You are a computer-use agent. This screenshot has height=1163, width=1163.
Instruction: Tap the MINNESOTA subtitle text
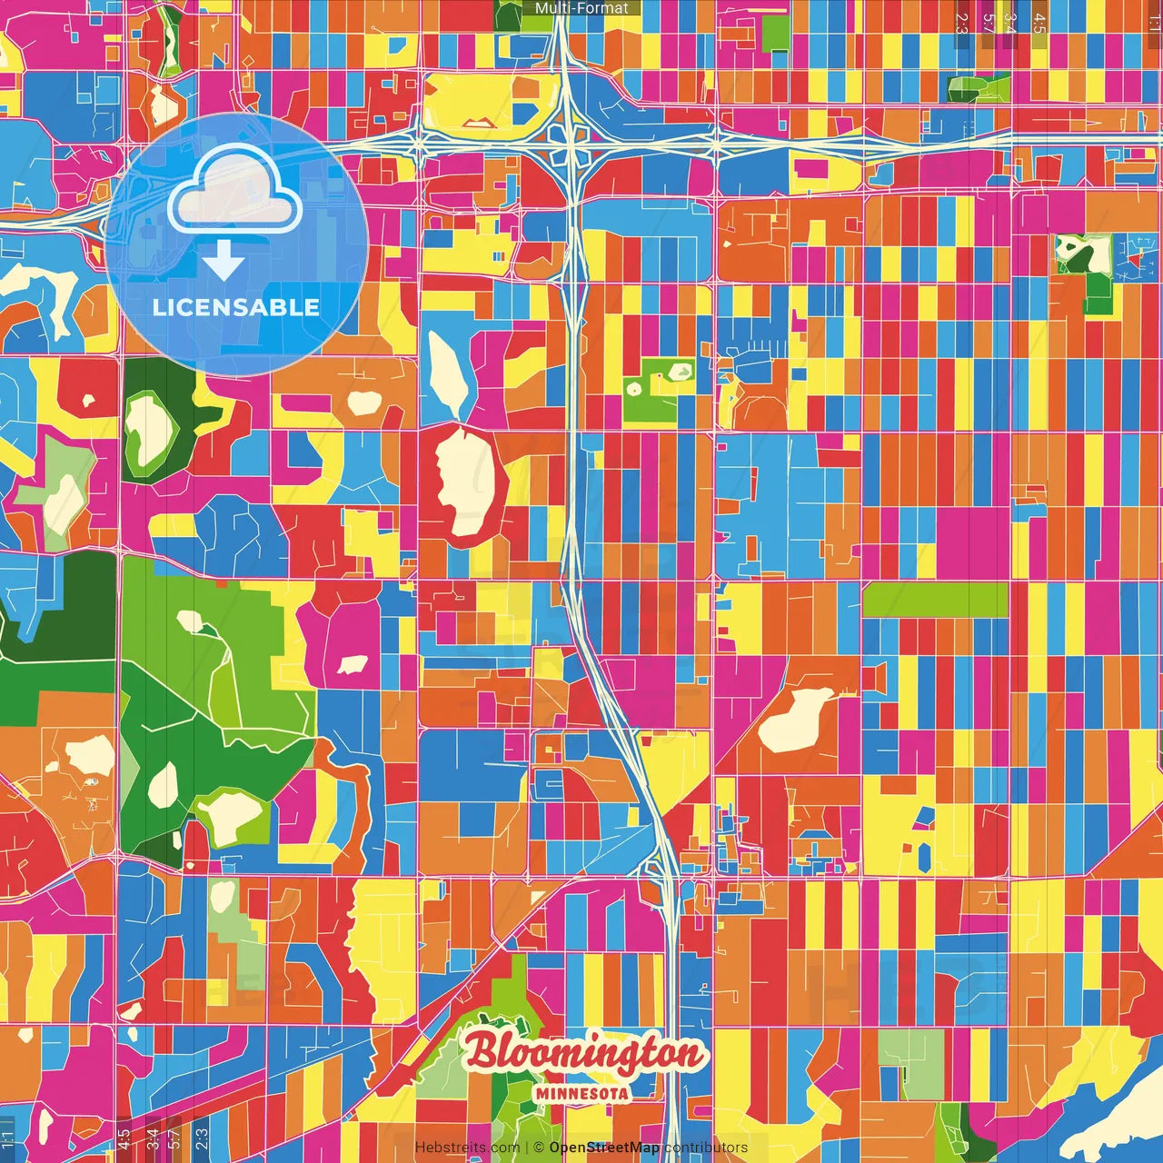581,1093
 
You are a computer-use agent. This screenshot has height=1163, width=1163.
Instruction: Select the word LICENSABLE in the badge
236,307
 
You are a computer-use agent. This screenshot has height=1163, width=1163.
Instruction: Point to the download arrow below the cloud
224,262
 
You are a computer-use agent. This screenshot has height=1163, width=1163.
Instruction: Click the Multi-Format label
581,8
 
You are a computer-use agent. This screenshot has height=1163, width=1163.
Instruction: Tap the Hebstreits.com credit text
467,1148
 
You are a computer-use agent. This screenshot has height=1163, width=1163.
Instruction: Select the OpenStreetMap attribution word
603,1148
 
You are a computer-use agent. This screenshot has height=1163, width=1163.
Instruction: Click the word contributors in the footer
706,1148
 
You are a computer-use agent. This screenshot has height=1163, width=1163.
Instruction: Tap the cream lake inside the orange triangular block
794,720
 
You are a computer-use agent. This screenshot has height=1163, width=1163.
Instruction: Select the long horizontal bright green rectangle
935,600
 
